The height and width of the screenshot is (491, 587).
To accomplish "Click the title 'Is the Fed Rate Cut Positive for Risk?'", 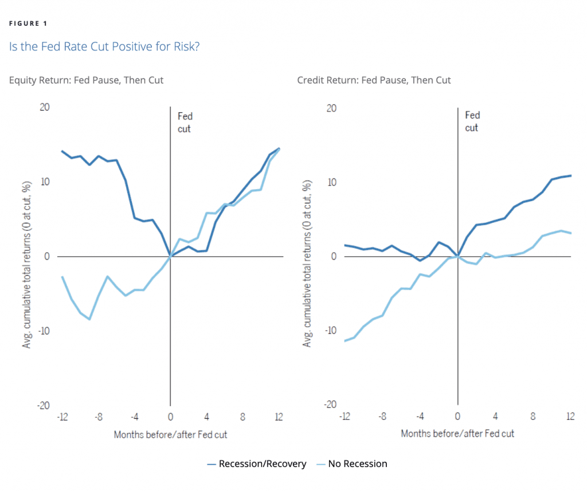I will click(x=104, y=47).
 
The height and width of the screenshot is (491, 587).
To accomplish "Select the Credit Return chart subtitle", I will click(x=374, y=80).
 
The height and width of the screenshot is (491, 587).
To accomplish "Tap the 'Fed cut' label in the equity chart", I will click(x=185, y=123).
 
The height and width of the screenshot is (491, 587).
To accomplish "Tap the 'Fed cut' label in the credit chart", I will click(x=472, y=121).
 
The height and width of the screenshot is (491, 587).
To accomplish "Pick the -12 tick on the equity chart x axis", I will click(x=62, y=417).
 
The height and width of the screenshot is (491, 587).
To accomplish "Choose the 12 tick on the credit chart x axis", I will click(x=570, y=417).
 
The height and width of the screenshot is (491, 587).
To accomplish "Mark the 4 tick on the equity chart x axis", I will click(x=206, y=417).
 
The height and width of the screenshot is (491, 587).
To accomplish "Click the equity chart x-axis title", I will click(x=170, y=434).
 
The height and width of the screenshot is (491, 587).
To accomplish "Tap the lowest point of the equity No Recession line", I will click(x=89, y=319).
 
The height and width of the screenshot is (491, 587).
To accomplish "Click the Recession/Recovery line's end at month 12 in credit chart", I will click(x=571, y=175).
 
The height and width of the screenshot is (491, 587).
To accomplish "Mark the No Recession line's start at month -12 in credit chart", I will click(x=345, y=341).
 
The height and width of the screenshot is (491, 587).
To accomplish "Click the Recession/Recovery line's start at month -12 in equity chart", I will click(x=62, y=151).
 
